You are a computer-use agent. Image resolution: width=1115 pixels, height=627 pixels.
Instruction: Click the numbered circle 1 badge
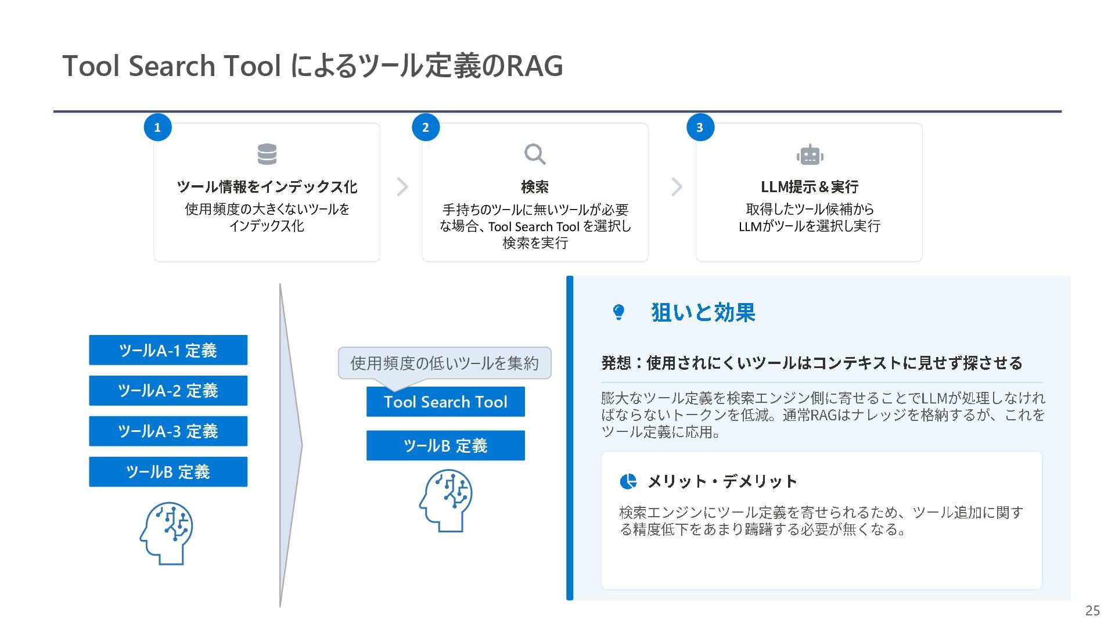(x=157, y=128)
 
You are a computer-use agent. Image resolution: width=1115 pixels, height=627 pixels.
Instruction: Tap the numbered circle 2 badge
(x=426, y=128)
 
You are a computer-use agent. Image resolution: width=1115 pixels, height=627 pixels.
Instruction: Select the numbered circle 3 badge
(x=700, y=128)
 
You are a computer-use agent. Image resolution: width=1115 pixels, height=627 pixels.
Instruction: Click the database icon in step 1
(x=267, y=154)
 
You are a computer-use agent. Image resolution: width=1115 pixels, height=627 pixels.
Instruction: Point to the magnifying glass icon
(x=535, y=154)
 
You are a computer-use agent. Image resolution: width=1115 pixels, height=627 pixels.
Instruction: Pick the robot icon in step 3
(x=810, y=155)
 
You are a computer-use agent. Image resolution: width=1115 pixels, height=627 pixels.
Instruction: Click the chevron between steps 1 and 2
(x=402, y=187)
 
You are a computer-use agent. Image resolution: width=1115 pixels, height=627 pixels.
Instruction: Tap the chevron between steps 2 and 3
(x=677, y=187)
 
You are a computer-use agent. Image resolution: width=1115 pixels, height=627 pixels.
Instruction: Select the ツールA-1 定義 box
(x=168, y=350)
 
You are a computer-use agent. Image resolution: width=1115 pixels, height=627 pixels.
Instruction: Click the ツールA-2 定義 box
(x=168, y=391)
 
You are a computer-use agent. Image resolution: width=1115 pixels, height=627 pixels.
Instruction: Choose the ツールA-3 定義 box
(x=168, y=431)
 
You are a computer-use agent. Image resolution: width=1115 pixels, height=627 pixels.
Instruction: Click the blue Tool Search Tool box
(x=445, y=402)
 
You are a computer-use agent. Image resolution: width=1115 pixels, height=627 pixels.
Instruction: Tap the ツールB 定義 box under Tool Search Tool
(x=445, y=445)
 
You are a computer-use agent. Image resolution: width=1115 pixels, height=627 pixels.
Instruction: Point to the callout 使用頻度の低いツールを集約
(x=444, y=363)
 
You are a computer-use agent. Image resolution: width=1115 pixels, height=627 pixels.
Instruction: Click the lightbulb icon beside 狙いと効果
(x=619, y=312)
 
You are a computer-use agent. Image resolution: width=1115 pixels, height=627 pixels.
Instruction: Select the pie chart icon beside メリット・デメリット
(x=628, y=481)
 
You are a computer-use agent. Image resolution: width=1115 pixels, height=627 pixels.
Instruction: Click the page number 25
(x=1092, y=611)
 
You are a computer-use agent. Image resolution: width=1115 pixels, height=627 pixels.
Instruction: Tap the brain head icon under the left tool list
(x=167, y=533)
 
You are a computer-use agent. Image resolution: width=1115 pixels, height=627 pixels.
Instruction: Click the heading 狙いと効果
(x=703, y=312)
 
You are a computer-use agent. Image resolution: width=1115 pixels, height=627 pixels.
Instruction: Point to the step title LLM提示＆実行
(x=810, y=187)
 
